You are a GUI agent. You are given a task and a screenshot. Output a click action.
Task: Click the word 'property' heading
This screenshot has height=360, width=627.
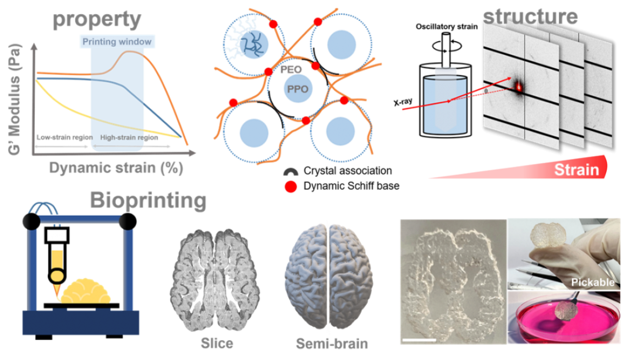[97, 19]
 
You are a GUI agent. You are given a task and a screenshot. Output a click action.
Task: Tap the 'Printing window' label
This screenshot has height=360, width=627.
[117, 42]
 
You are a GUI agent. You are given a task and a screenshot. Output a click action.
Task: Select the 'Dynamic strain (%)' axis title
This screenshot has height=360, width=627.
[116, 168]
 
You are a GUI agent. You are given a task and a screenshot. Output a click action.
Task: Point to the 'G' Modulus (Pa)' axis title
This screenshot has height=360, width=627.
[14, 99]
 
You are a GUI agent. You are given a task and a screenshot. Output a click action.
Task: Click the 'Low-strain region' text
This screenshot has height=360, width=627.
[64, 137]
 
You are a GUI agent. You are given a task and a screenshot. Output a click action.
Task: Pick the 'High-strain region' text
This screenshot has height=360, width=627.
[129, 137]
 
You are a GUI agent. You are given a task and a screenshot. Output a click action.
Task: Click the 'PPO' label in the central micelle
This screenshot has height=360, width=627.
[298, 88]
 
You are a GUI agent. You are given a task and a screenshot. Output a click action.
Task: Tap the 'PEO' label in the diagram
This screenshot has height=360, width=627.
[291, 69]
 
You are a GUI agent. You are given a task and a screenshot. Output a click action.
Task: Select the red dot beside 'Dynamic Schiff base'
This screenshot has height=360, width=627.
[291, 186]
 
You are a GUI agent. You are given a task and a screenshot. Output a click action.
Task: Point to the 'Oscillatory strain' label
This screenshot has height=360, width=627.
[447, 27]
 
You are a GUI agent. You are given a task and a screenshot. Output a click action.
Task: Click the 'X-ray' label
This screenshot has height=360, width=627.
[403, 102]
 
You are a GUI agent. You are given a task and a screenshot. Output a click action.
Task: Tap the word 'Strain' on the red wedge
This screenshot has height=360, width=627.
[576, 170]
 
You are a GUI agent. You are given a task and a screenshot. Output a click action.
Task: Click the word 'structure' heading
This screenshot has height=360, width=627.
[530, 16]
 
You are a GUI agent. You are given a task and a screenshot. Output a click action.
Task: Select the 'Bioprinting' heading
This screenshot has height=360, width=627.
[148, 201]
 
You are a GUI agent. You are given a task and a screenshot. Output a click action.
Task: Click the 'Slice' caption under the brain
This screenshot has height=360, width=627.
[217, 343]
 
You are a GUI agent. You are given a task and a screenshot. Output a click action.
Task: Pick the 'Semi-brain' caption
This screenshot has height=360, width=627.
[332, 344]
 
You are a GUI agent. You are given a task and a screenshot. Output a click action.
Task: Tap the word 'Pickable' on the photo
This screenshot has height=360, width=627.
[592, 283]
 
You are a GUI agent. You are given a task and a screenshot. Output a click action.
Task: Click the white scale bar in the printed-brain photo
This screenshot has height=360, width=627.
[419, 340]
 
